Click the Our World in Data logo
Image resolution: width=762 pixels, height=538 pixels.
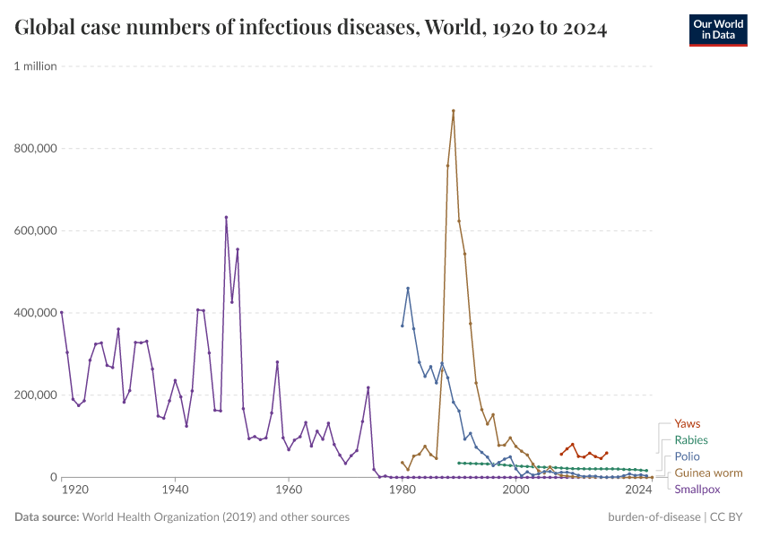(x=718, y=30)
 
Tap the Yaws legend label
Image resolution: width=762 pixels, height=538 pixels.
(x=687, y=424)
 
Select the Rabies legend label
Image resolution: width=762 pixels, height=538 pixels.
(x=690, y=440)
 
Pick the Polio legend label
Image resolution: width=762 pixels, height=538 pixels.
(x=688, y=456)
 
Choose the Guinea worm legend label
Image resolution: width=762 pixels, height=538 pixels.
(x=708, y=473)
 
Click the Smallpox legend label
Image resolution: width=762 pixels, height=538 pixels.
(x=697, y=490)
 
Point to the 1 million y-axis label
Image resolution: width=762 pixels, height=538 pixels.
(x=35, y=65)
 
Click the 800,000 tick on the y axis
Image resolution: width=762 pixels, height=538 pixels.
(x=35, y=148)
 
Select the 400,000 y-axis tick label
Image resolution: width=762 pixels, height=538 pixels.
(x=35, y=313)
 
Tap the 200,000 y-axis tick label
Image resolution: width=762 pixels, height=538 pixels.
(x=35, y=395)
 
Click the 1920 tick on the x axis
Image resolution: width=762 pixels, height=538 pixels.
(x=74, y=491)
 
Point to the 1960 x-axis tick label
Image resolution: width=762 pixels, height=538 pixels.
(x=289, y=491)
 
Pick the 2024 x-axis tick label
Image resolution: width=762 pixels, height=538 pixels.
(x=638, y=491)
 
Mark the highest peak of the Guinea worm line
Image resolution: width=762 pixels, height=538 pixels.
(x=454, y=111)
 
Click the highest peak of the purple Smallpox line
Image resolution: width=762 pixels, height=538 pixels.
(x=226, y=217)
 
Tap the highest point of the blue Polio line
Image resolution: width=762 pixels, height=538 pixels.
(x=408, y=288)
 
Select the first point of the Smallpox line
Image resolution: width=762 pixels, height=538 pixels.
(x=61, y=312)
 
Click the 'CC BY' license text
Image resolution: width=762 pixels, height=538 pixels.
(x=729, y=517)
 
